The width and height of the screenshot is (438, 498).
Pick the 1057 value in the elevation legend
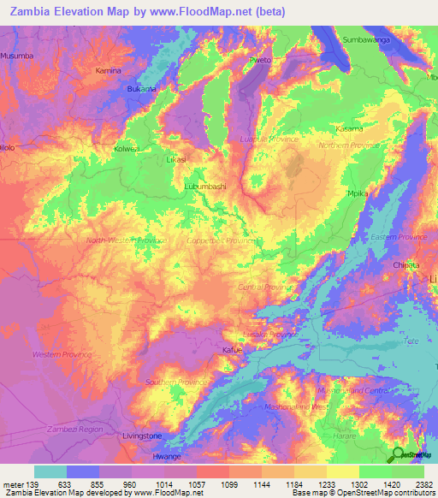(196, 483)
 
